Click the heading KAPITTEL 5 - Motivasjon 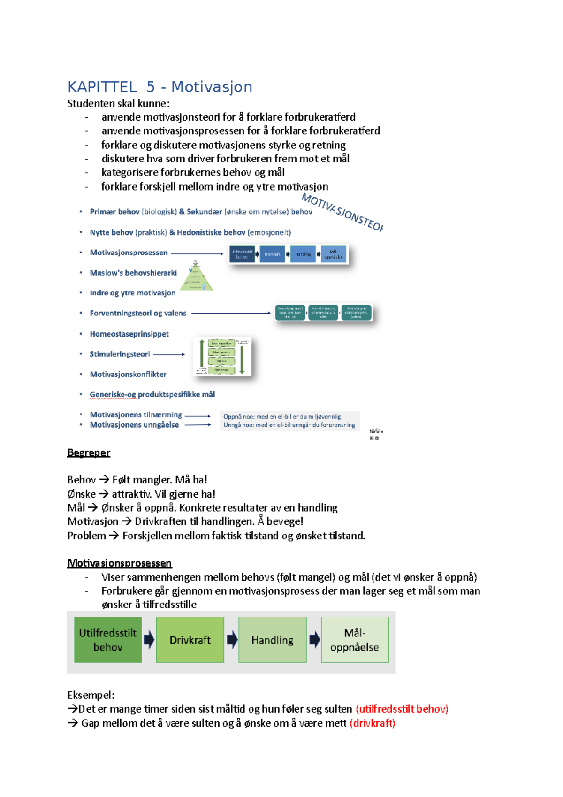(160, 87)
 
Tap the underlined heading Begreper (89, 453)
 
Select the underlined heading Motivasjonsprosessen (120, 563)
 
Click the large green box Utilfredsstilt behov (108, 640)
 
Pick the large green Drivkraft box (190, 640)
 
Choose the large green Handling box (273, 640)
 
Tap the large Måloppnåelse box (355, 640)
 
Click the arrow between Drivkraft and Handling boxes (232, 639)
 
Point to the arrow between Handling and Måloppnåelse (314, 639)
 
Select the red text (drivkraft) (373, 723)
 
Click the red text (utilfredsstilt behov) (402, 709)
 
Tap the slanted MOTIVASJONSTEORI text (342, 213)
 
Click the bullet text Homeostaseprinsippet (129, 334)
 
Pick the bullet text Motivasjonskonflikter (128, 374)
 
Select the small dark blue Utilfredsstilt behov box (242, 254)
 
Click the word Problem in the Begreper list (87, 536)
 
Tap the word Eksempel (91, 695)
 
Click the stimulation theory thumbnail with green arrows (222, 357)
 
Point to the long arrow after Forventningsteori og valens (231, 313)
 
